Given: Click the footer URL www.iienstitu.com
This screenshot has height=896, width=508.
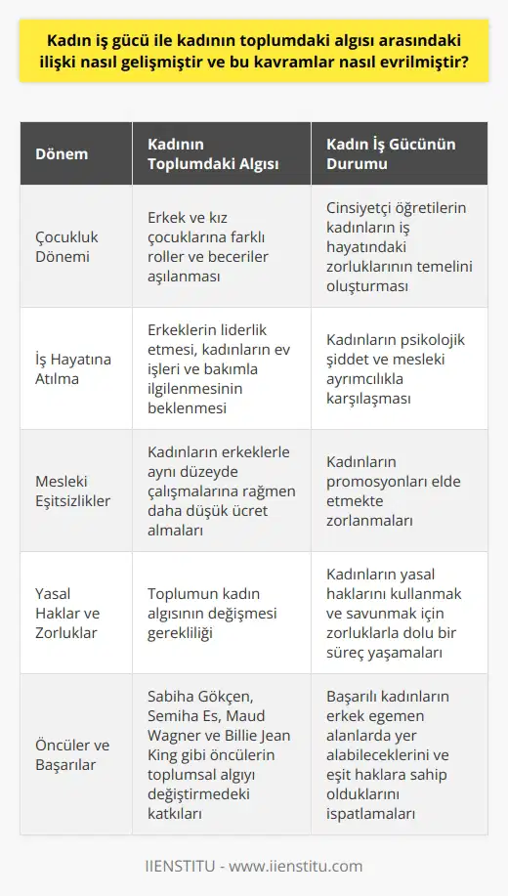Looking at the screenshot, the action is tap(307, 865).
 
